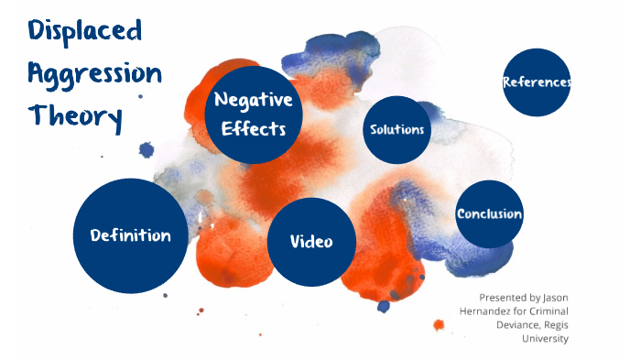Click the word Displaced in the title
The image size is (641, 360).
85,33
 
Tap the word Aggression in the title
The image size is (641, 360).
94,75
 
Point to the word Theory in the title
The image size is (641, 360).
74,116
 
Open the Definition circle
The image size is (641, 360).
130,235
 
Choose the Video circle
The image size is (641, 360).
310,242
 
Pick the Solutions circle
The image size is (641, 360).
397,129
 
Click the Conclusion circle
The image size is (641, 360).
489,214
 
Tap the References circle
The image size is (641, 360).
537,82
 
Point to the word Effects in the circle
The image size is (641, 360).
254,128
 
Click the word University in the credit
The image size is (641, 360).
545,339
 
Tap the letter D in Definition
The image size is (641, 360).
95,235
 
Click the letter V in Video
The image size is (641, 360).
295,242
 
